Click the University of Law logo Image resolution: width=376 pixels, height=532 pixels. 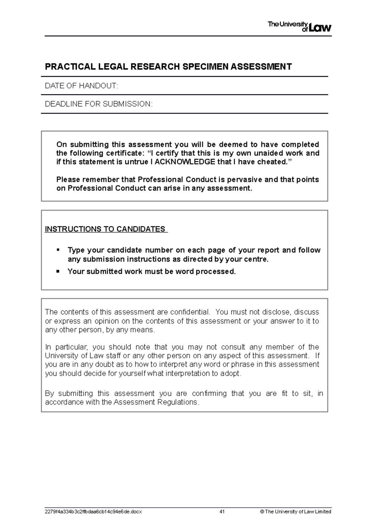click(x=299, y=27)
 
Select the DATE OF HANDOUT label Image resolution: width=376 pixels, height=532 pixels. click(x=81, y=86)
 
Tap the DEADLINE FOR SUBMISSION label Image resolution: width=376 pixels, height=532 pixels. click(x=99, y=104)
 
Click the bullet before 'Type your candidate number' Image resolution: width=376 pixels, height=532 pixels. click(x=58, y=250)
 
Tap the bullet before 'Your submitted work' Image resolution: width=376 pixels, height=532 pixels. click(x=58, y=271)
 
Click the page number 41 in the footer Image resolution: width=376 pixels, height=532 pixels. click(x=222, y=512)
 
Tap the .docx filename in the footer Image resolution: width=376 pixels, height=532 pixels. click(x=93, y=512)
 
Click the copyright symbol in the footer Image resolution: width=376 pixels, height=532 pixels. click(x=262, y=512)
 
